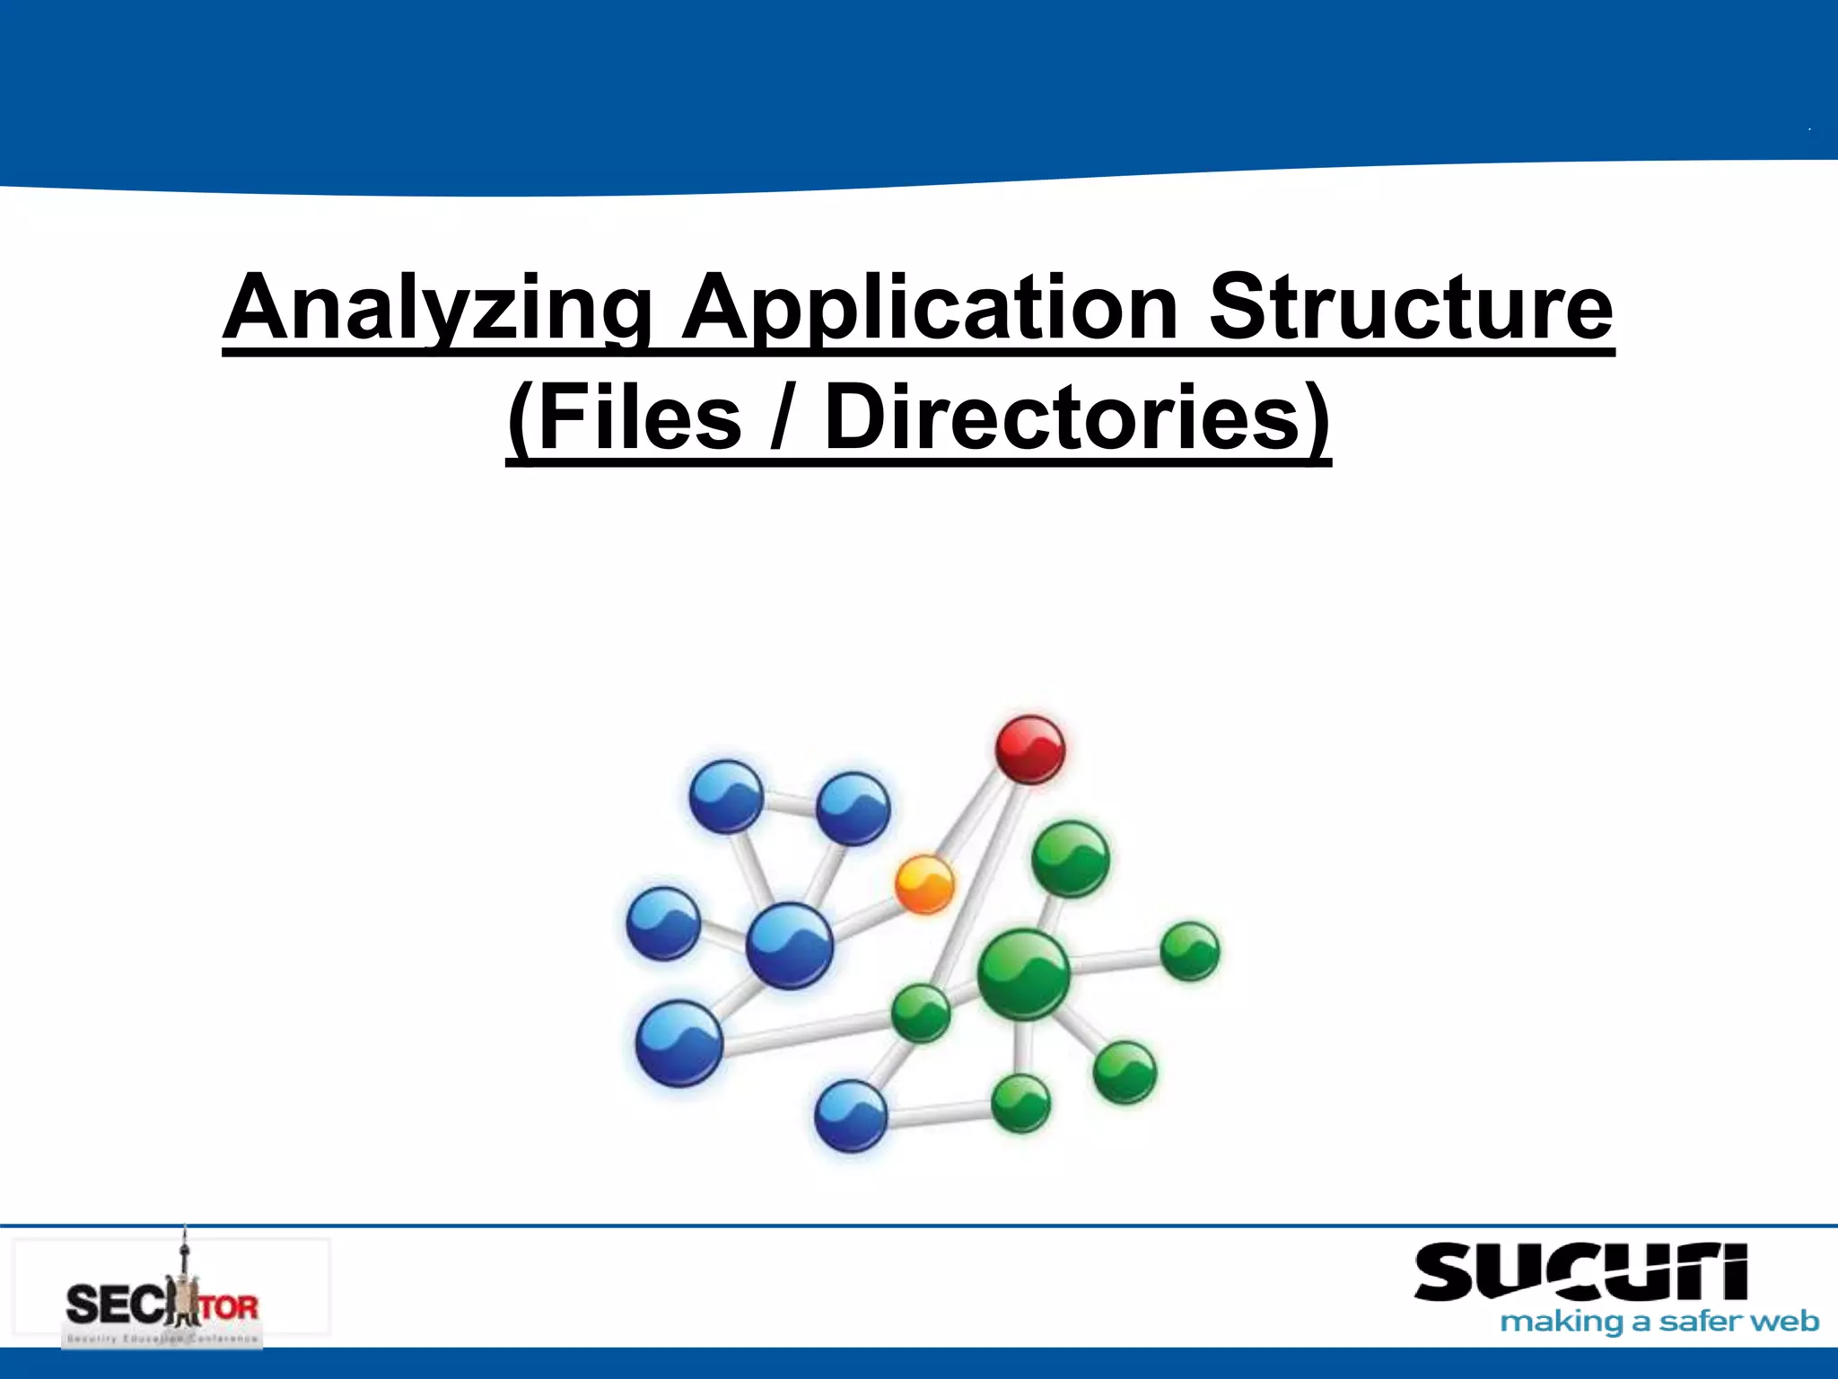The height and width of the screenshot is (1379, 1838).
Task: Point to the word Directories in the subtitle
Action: click(1077, 417)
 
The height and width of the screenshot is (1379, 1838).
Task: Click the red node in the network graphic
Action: click(1030, 749)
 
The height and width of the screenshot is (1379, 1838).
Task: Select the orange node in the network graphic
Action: click(924, 884)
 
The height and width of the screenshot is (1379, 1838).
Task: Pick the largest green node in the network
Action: click(1023, 975)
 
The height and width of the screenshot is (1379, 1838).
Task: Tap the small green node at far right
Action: click(1190, 951)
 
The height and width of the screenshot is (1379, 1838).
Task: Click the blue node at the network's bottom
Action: click(850, 1115)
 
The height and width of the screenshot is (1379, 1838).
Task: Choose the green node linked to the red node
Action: click(921, 1013)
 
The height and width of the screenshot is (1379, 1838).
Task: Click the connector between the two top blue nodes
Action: click(790, 803)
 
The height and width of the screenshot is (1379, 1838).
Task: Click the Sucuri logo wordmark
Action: click(1580, 1273)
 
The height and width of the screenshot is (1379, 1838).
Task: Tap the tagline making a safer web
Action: click(1659, 1322)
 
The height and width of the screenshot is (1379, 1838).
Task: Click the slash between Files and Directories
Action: click(783, 417)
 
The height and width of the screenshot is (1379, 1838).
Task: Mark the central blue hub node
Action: click(790, 945)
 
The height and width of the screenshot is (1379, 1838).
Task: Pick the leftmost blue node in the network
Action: click(663, 923)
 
